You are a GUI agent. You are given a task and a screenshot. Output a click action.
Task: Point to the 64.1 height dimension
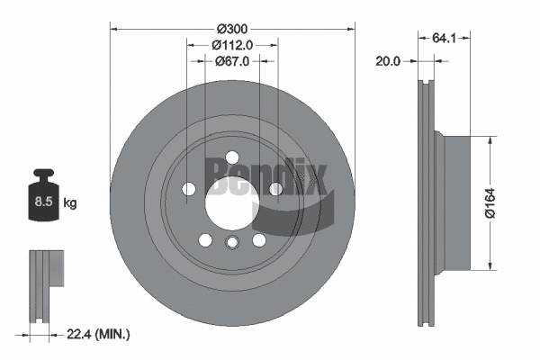[441, 39]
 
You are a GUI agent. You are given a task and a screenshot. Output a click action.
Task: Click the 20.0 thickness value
[389, 61]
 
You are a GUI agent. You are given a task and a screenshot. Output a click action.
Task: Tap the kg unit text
[70, 203]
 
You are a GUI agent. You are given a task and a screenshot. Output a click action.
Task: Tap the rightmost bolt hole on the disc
[274, 188]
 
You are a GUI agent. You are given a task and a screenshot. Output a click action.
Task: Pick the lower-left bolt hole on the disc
[205, 239]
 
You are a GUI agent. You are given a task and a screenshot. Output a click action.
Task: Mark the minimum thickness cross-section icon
[46, 270]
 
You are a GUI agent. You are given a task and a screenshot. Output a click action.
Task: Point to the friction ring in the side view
[427, 202]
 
